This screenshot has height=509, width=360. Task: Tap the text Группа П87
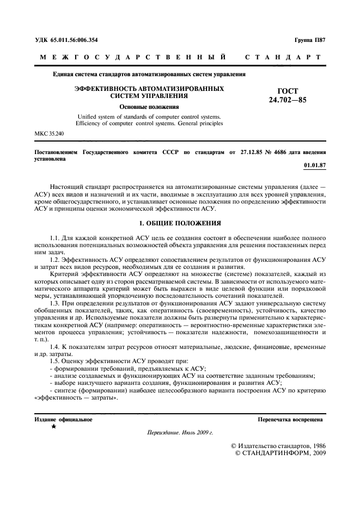click(309, 39)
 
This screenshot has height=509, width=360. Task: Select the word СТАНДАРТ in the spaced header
click(286, 57)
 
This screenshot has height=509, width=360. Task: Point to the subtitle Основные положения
click(149, 107)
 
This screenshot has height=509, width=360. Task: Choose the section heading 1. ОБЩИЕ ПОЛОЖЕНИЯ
click(180, 223)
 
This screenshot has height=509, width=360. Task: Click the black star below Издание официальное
click(53, 428)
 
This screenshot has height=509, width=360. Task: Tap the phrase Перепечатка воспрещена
click(291, 420)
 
